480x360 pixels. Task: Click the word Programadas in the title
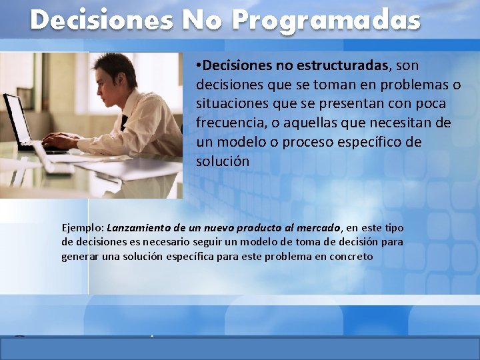pyautogui.click(x=326, y=21)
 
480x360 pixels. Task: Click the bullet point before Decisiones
pyautogui.click(x=199, y=66)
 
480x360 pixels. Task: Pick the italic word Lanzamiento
pyautogui.click(x=139, y=228)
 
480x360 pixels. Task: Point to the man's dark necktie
pyautogui.click(x=124, y=123)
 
